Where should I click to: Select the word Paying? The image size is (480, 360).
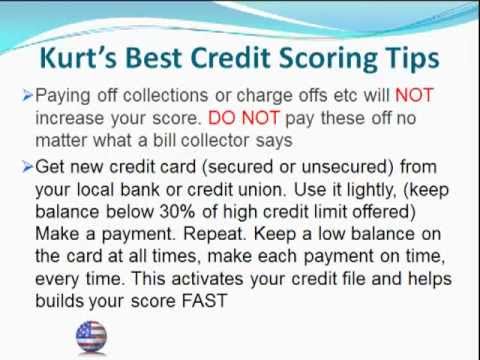coord(62,98)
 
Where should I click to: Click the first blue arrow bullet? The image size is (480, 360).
coord(27,98)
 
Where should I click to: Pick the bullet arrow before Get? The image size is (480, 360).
coord(27,164)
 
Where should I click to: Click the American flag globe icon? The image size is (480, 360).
coord(90,336)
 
